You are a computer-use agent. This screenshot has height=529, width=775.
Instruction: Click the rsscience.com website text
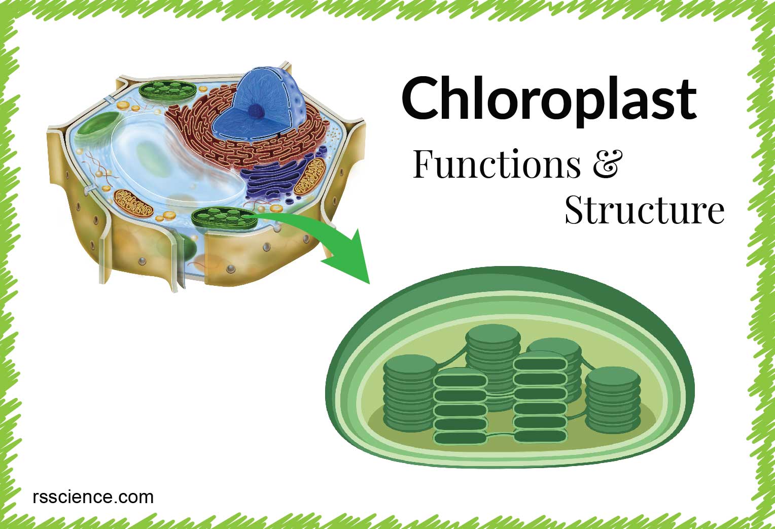93,497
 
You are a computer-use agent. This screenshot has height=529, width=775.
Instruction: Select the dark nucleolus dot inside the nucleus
256,111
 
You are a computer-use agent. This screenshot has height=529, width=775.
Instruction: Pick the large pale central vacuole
177,159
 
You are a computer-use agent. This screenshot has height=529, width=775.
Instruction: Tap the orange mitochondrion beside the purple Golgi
310,177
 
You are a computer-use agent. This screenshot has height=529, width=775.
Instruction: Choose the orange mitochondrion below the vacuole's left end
133,204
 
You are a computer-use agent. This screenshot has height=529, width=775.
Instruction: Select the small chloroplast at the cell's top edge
167,91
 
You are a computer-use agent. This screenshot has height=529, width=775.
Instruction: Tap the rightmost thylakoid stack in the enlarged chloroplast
613,400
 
